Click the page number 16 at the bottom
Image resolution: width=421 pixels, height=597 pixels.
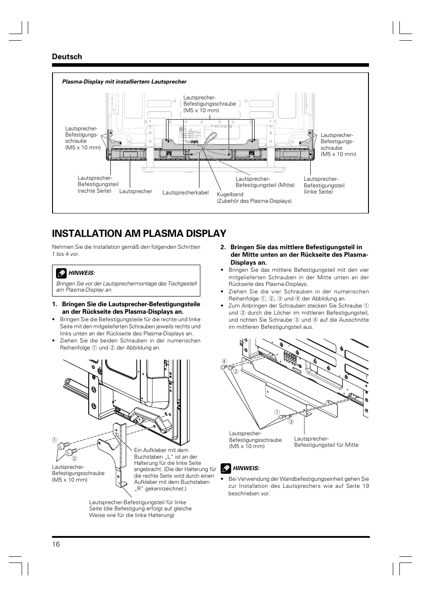tap(56, 544)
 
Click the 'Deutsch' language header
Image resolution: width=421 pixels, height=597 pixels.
tap(67, 57)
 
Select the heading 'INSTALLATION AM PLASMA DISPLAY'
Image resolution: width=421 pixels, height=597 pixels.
tap(139, 233)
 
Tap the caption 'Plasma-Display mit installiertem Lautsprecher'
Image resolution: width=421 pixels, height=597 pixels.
tap(124, 82)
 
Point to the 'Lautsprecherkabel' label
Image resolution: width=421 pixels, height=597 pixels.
tap(185, 193)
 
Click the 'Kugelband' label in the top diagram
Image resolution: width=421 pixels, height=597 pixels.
tap(230, 194)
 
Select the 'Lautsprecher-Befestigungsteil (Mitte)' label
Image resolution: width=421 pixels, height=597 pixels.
tap(265, 182)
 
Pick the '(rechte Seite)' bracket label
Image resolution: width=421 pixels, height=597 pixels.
tap(94, 191)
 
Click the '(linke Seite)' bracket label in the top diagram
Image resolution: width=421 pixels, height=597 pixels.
tap(318, 192)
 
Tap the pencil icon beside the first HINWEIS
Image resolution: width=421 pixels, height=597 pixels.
tap(61, 272)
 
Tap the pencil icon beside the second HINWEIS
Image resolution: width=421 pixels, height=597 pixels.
tap(226, 468)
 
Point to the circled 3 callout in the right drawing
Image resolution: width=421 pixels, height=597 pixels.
tap(291, 422)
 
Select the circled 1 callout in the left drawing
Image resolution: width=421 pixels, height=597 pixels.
tap(54, 439)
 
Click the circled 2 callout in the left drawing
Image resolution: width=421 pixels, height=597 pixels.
tap(75, 458)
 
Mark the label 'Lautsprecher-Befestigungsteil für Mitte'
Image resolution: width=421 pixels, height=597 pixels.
tap(326, 442)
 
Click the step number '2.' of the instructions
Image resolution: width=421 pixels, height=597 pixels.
tap(223, 247)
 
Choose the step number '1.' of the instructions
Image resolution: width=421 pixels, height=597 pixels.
tap(55, 304)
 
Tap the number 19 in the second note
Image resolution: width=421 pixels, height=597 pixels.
tap(365, 486)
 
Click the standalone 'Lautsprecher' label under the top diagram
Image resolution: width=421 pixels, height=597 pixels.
tap(135, 191)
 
